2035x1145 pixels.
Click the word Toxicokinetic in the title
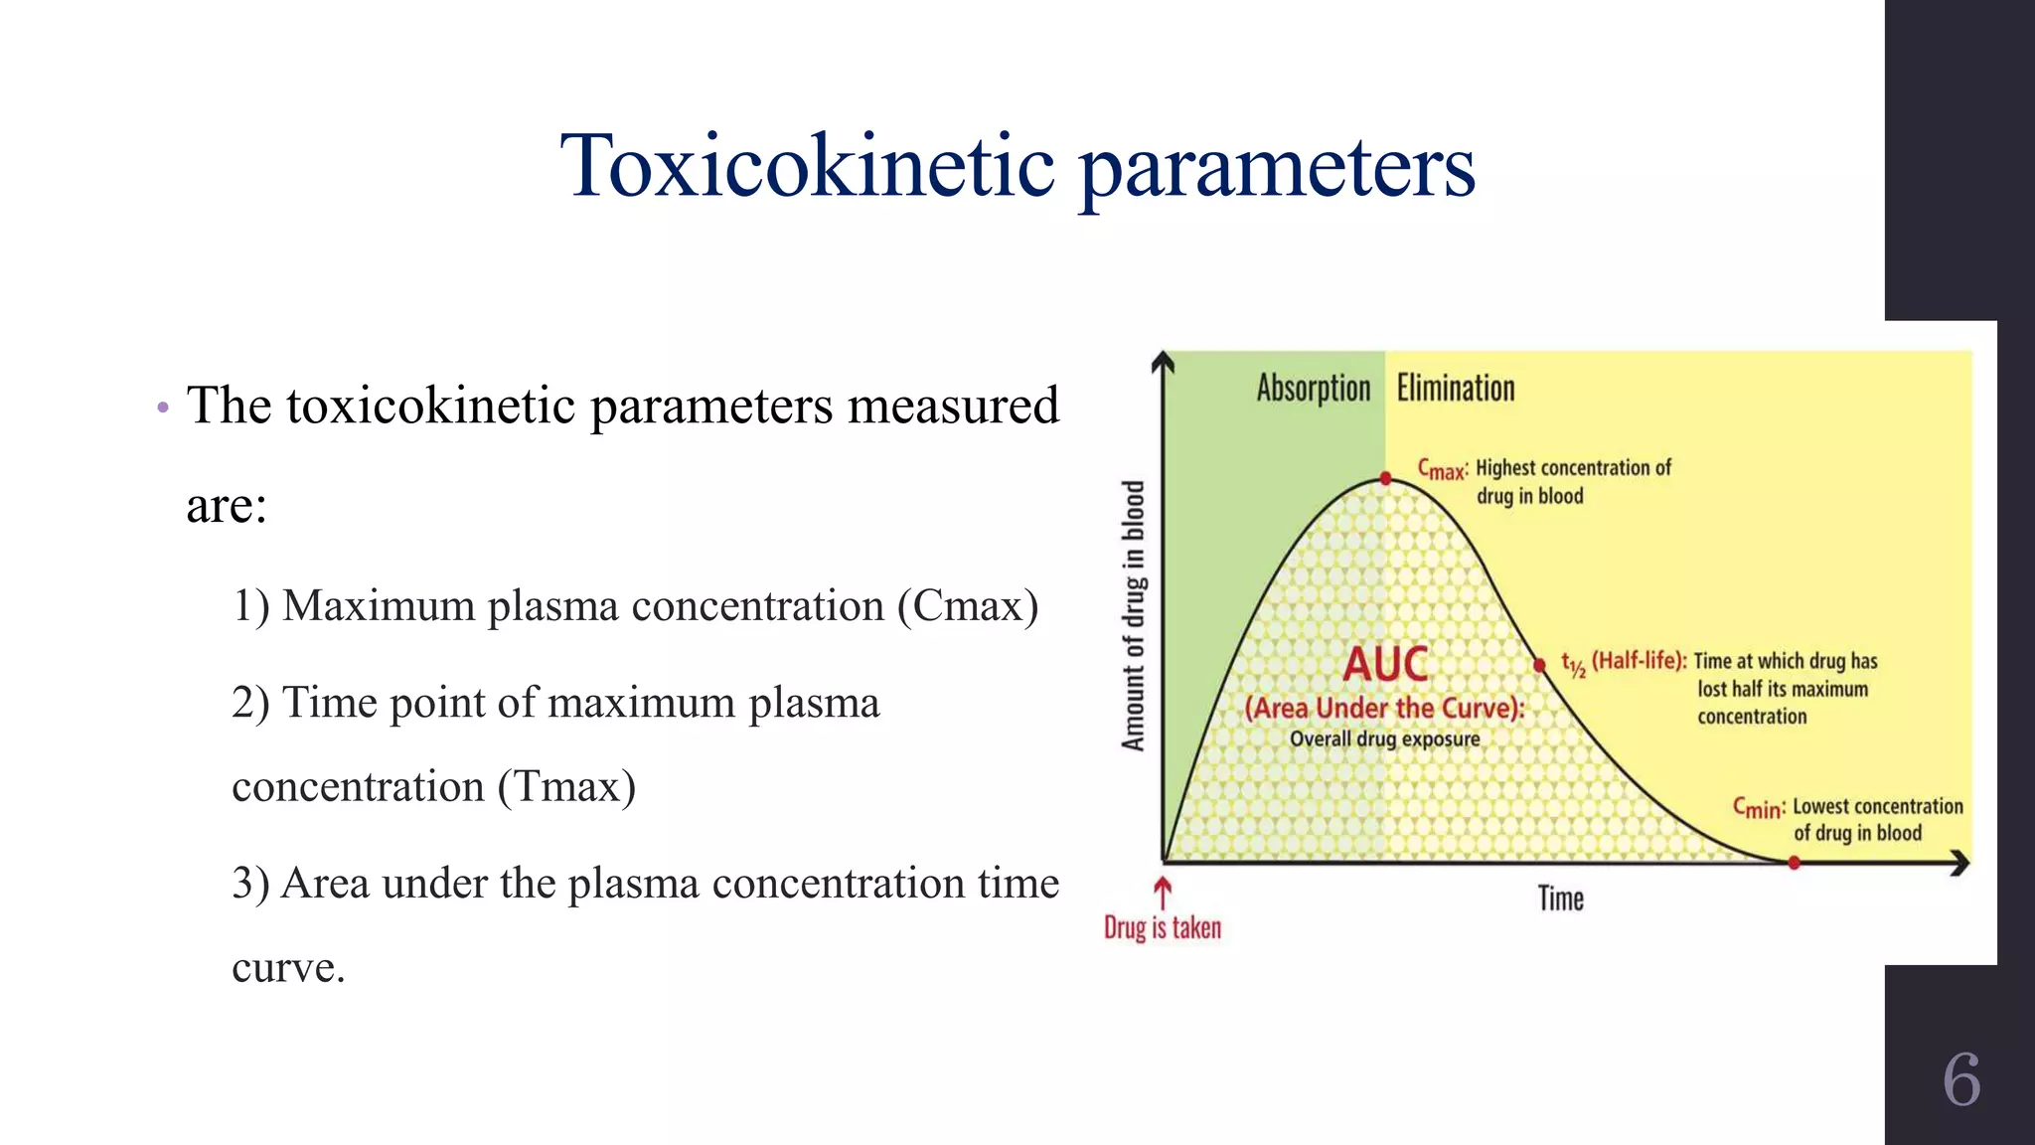click(x=807, y=166)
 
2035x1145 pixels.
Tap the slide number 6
click(x=1961, y=1079)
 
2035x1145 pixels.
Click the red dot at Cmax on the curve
click(x=1385, y=479)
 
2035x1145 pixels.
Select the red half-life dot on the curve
click(x=1539, y=665)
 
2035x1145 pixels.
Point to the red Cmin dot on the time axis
click(x=1794, y=863)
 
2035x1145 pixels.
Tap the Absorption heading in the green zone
click(x=1313, y=389)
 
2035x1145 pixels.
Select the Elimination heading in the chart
click(x=1456, y=389)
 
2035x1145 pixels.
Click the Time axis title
click(x=1560, y=899)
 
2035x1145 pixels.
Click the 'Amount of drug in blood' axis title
click(x=1134, y=616)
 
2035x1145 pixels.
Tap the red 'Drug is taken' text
click(x=1163, y=928)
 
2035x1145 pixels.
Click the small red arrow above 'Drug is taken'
click(x=1163, y=890)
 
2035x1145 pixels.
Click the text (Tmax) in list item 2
click(x=566, y=787)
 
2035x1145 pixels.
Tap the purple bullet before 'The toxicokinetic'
click(x=163, y=408)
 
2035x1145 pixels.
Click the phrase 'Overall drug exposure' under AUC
click(x=1384, y=739)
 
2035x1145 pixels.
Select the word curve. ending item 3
click(x=288, y=968)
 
